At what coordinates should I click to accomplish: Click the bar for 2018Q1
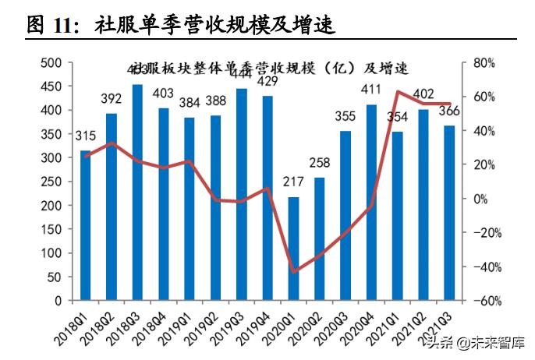coord(86,226)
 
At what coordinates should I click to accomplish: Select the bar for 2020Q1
coord(293,249)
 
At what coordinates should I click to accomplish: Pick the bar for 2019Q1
coord(190,209)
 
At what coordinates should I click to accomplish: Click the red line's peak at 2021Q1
coord(398,92)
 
